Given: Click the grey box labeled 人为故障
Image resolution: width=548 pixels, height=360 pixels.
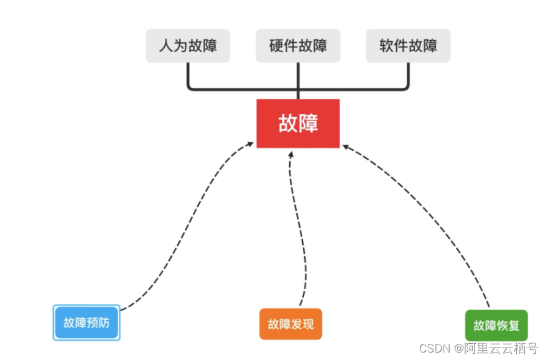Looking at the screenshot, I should coord(188,45).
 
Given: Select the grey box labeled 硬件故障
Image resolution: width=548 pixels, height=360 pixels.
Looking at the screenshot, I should coord(298,45).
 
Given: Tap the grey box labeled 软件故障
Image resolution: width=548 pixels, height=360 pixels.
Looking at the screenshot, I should coord(408,45).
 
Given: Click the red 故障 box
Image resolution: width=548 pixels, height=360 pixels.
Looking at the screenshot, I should coord(298,123).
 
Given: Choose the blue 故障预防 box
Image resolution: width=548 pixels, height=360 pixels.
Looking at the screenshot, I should coord(86,323).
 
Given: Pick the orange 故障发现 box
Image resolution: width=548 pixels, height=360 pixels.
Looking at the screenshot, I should coord(290,324).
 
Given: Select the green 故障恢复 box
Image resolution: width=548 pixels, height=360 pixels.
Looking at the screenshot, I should coord(496,325).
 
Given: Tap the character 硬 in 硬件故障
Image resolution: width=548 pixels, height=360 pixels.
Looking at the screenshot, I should coord(276,45).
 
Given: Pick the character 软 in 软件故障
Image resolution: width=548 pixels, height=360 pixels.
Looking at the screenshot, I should coord(386,45).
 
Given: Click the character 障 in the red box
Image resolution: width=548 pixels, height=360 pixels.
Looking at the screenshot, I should coord(309,123).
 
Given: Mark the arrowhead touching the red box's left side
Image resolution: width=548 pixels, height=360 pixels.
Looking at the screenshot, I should coord(251,144).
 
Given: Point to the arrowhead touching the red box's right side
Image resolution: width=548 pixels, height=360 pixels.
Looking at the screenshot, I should coord(346,147).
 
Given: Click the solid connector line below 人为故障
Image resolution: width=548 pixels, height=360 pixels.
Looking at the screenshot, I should coord(188,78).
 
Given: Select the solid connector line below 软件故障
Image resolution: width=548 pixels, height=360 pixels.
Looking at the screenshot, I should coord(409,78).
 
